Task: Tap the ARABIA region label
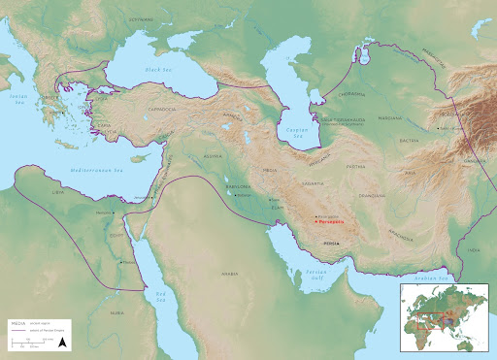tap(229, 275)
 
